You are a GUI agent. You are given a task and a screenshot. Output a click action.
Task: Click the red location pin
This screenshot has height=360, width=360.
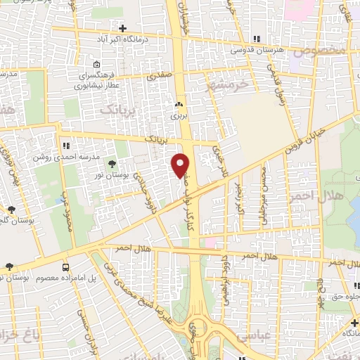(x=181, y=165)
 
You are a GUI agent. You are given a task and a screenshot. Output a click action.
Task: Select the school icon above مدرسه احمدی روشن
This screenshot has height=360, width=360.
(x=64, y=146)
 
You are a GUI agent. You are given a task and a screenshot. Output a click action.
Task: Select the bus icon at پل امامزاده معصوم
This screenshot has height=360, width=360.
(x=66, y=267)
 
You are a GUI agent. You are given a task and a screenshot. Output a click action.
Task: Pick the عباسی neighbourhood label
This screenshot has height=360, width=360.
(x=247, y=336)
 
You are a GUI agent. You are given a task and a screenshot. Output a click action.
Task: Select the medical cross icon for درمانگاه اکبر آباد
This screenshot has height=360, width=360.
(x=124, y=28)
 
